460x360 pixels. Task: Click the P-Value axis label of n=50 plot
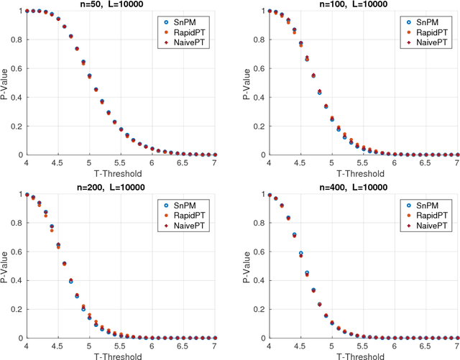pos(5,82)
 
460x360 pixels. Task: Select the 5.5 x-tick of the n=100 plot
pos(364,164)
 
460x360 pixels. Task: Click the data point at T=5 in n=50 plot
pos(90,75)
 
